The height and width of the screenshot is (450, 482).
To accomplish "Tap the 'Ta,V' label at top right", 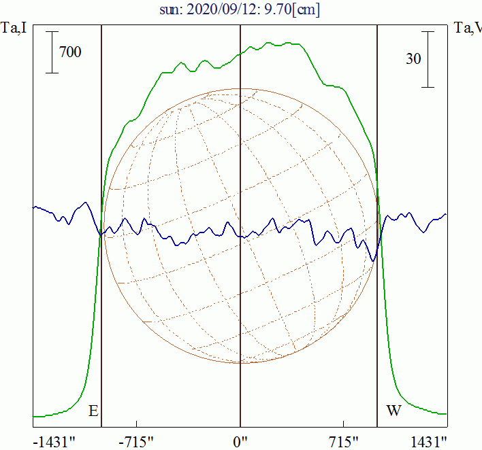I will (x=468, y=28).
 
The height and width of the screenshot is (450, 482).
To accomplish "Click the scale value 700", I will (x=70, y=52).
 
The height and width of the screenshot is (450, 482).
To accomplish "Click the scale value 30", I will (x=413, y=58).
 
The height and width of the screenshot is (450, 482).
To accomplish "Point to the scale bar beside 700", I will (x=52, y=52).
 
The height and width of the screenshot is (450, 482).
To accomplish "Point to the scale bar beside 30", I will (x=428, y=58).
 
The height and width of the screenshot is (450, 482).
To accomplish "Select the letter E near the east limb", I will (x=93, y=411).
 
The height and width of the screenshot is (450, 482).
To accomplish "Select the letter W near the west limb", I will (x=393, y=411).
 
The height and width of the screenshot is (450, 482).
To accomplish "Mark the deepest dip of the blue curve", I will (x=373, y=260).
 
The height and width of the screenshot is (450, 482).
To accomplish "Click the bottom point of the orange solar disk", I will (x=240, y=362).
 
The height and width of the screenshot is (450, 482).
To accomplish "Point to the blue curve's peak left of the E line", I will (x=85, y=203).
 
